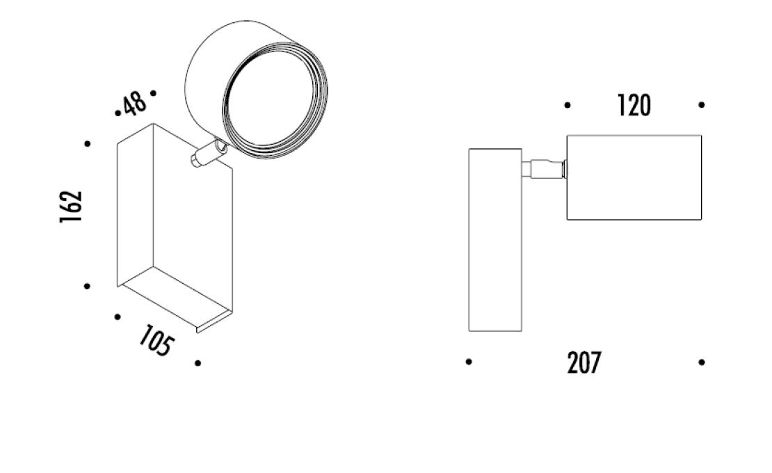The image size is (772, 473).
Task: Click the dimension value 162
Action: (x=71, y=206)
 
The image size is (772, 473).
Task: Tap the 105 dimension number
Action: (x=154, y=342)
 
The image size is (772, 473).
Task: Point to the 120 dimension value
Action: (x=634, y=106)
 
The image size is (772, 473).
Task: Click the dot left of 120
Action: (x=568, y=105)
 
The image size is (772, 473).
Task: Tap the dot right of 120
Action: (x=701, y=105)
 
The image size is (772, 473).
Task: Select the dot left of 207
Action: (x=469, y=362)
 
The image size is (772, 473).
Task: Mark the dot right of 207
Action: (x=701, y=362)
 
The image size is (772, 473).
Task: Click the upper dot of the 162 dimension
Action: (x=88, y=144)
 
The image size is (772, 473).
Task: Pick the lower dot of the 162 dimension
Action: (x=88, y=286)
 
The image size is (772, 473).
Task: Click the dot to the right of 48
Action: (x=153, y=92)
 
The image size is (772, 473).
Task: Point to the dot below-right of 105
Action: (x=198, y=363)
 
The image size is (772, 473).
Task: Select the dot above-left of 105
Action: (x=118, y=317)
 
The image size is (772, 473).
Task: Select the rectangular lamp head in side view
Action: (x=634, y=177)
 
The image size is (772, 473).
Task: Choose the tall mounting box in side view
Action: (x=495, y=239)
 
